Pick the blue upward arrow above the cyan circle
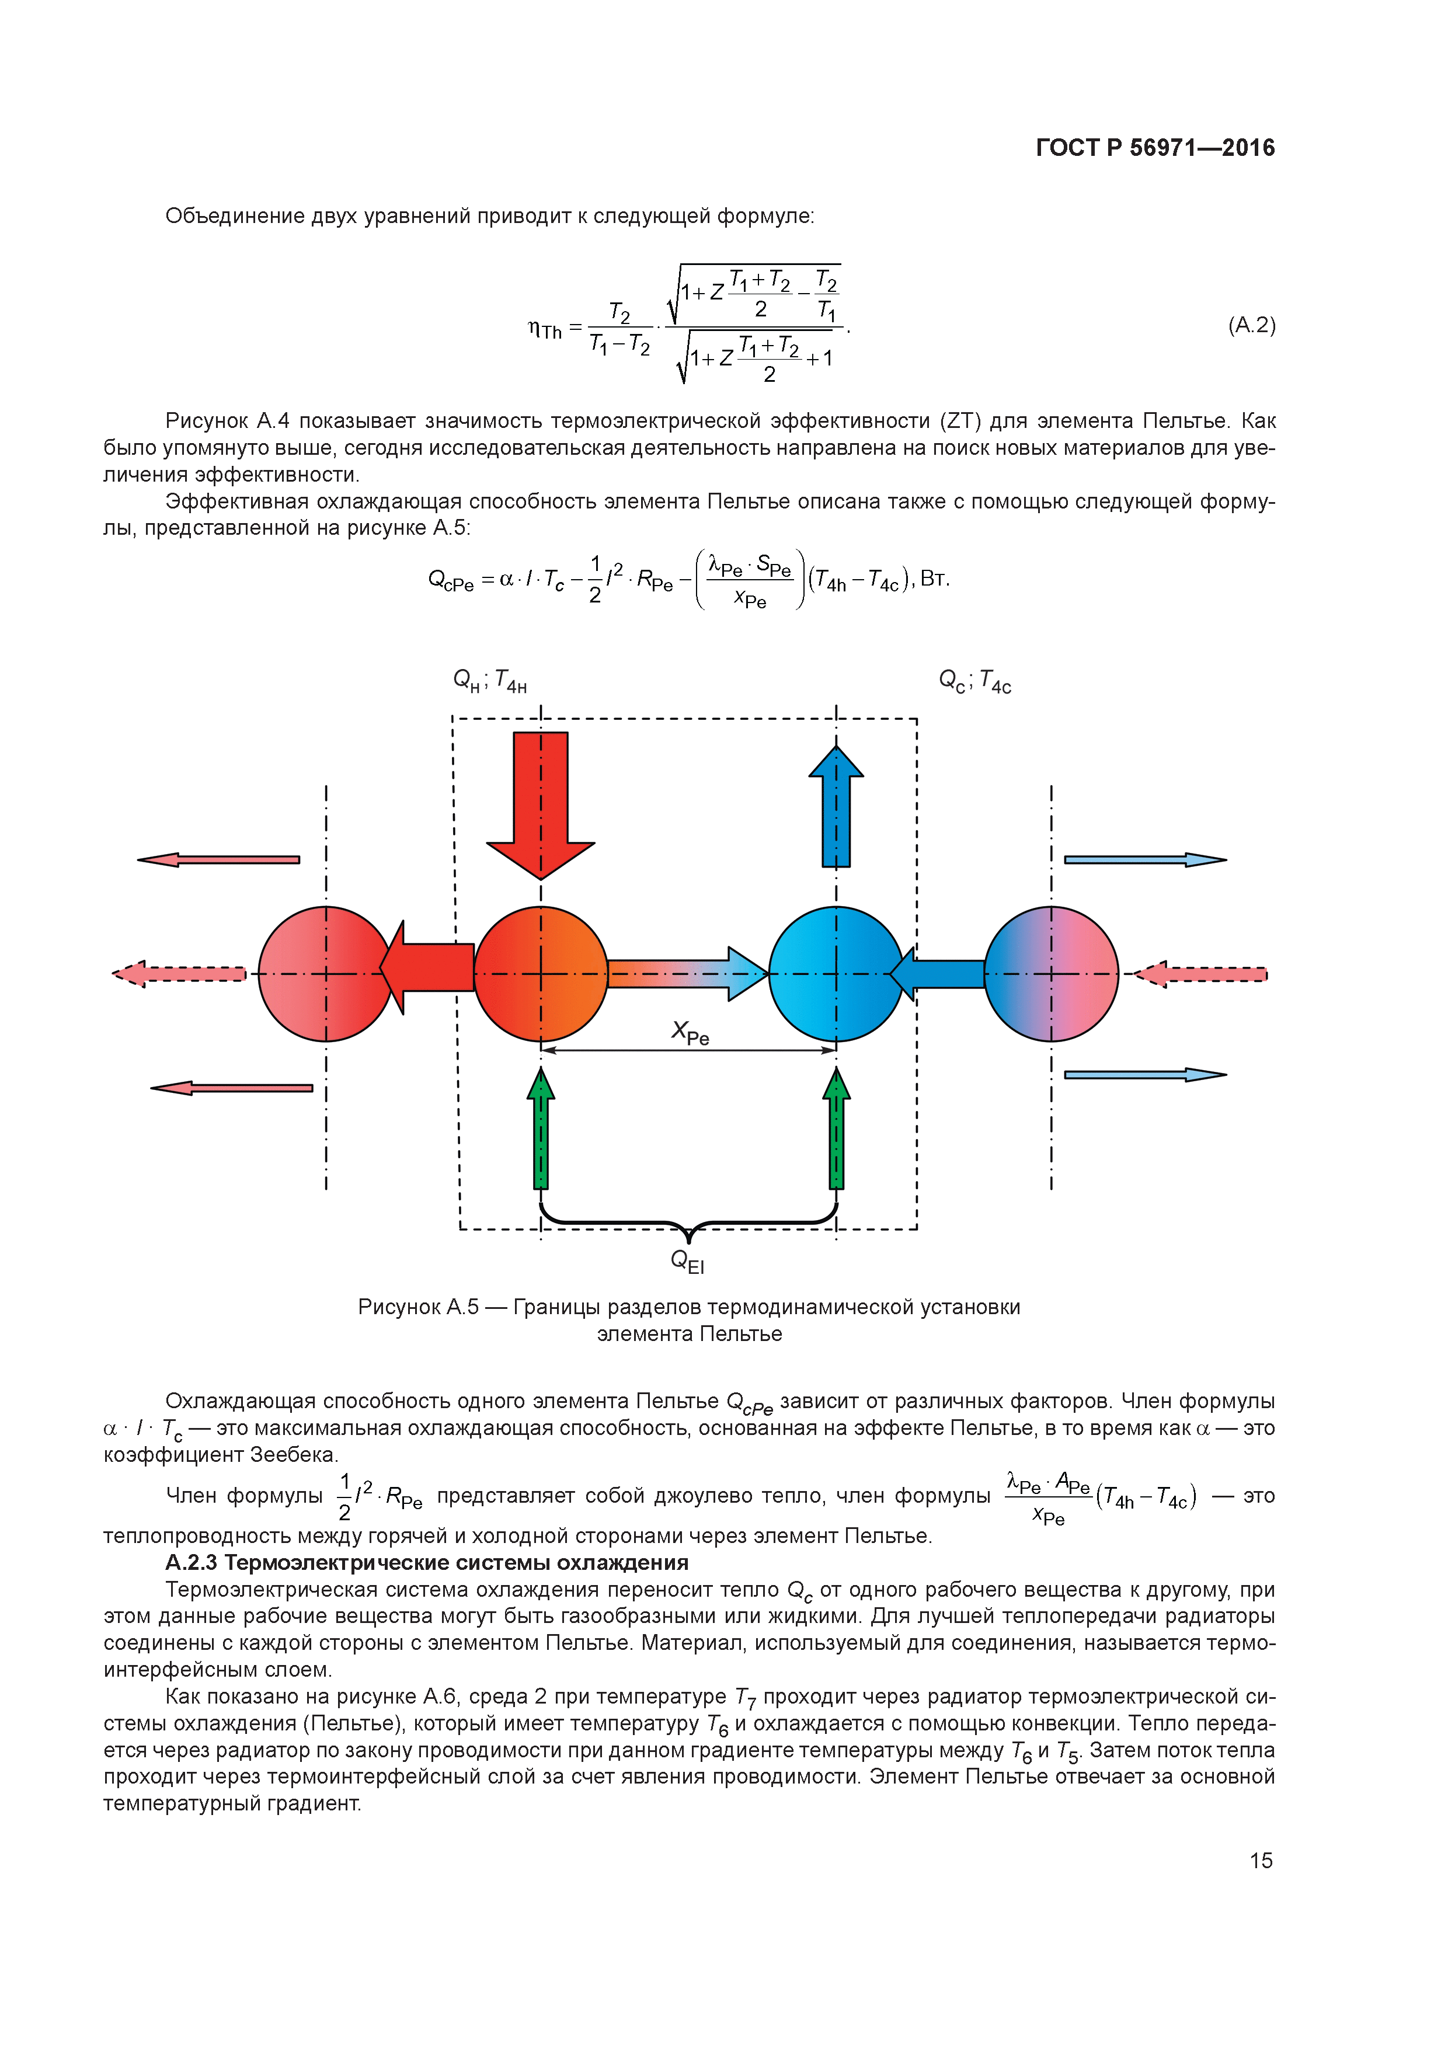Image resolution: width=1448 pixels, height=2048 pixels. coord(836,807)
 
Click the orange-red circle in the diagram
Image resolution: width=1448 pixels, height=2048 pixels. coord(541,973)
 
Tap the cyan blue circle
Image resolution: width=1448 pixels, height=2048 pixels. coord(836,973)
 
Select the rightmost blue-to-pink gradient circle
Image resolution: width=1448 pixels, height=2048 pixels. coord(1051,973)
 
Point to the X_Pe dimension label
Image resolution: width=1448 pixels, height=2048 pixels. coord(690,1033)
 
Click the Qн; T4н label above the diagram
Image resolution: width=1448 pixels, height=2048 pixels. coord(490,681)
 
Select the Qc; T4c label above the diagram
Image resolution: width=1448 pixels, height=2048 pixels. coord(974,681)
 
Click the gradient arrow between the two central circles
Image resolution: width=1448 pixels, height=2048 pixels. coord(687,973)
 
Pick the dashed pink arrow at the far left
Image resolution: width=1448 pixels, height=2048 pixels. coord(179,973)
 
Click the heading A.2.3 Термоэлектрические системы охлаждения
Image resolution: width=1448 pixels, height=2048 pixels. coord(426,1563)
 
